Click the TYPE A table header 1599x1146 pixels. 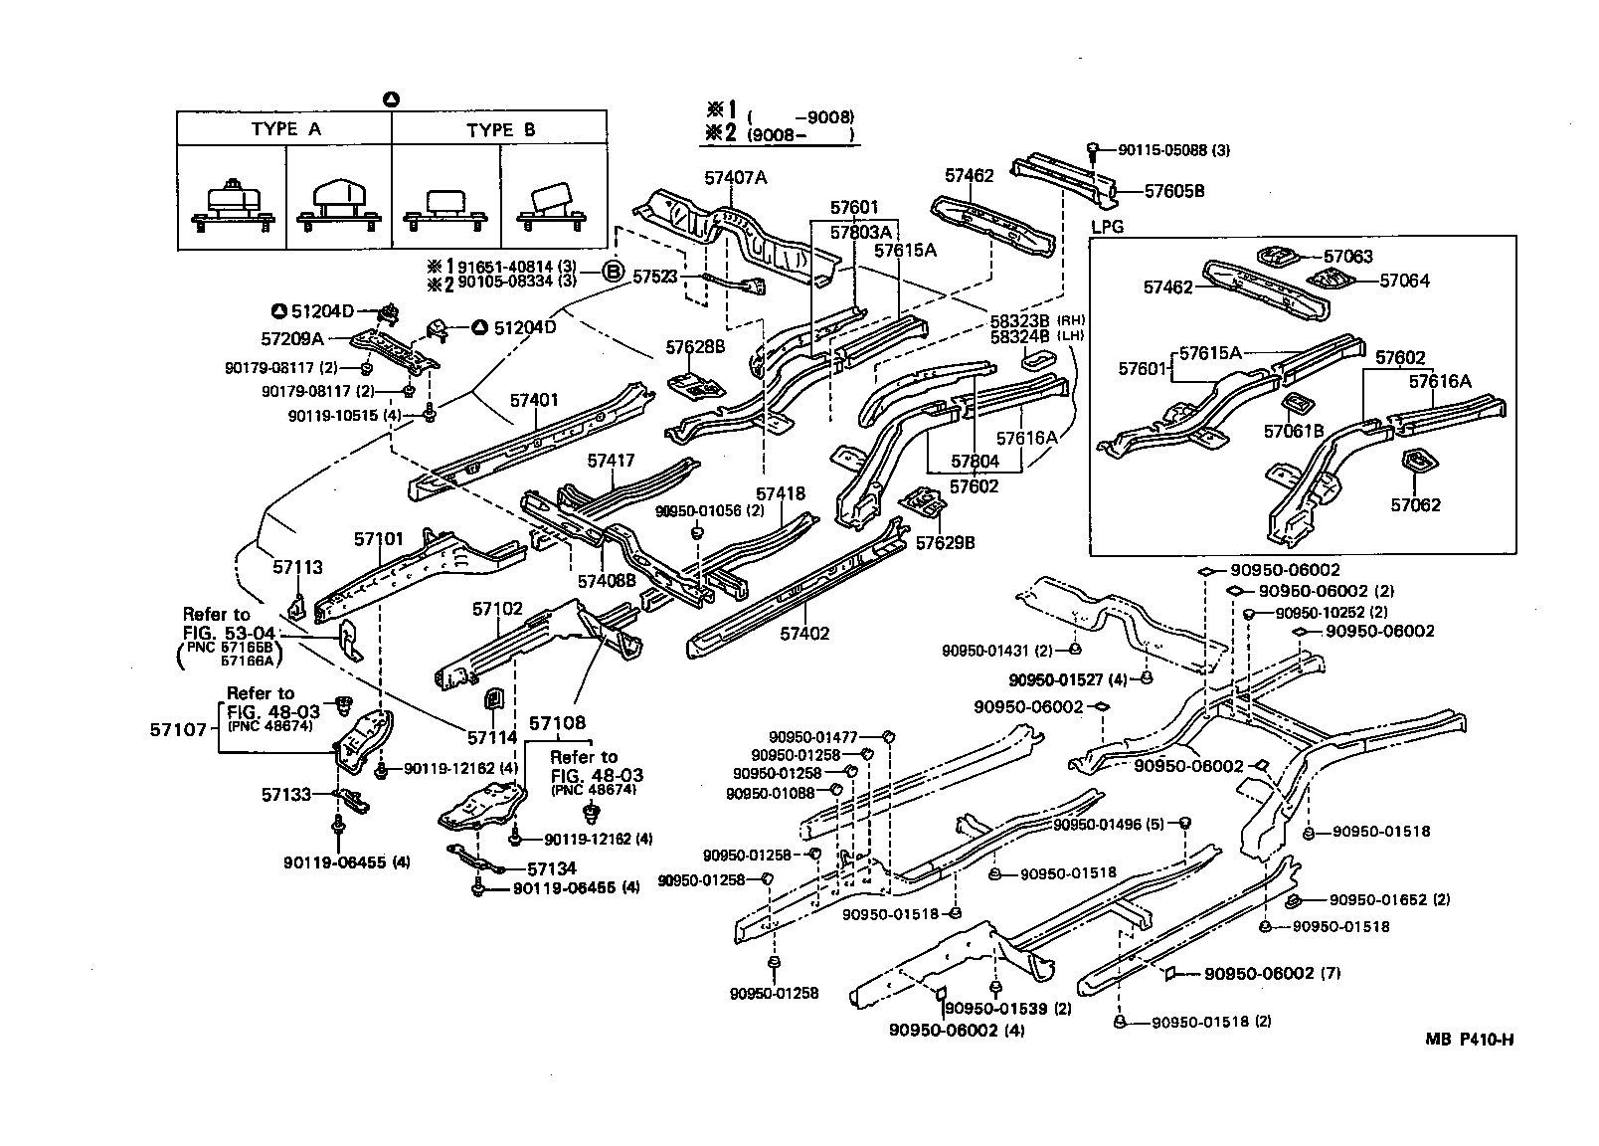click(285, 129)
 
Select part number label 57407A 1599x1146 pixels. click(735, 178)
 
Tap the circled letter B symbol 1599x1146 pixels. click(614, 273)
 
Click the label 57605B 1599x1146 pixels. click(1174, 191)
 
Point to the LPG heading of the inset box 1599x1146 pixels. click(1107, 227)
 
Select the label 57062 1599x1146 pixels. click(1415, 504)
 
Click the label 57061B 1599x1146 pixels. click(1294, 432)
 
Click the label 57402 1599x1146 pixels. click(803, 634)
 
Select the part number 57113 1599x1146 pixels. click(298, 567)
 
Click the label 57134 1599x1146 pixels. click(551, 868)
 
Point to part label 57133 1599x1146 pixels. click(286, 795)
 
